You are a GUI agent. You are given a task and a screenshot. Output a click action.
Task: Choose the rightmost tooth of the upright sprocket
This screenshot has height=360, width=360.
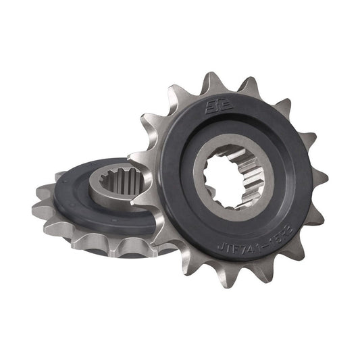(x=320, y=177)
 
